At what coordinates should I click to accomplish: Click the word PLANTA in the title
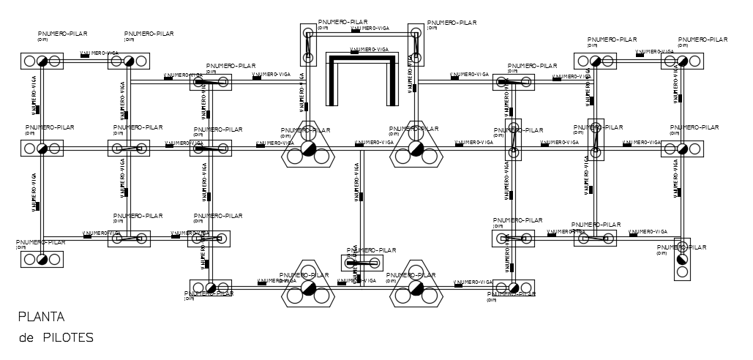coord(42,318)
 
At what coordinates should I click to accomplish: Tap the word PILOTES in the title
coord(68,337)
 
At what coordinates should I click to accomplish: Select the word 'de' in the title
coord(27,337)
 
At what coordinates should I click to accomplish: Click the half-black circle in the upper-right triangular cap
coord(416,148)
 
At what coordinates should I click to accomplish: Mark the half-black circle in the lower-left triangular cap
coord(308,288)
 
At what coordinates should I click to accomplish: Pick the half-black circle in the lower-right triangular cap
coord(416,288)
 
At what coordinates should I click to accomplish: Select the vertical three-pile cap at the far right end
coord(682,260)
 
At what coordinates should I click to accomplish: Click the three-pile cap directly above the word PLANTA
coord(42,259)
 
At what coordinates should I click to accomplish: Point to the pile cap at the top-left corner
coord(42,61)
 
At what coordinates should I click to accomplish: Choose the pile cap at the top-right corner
coord(682,61)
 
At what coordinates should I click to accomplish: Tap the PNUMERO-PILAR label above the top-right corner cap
coord(703,40)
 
